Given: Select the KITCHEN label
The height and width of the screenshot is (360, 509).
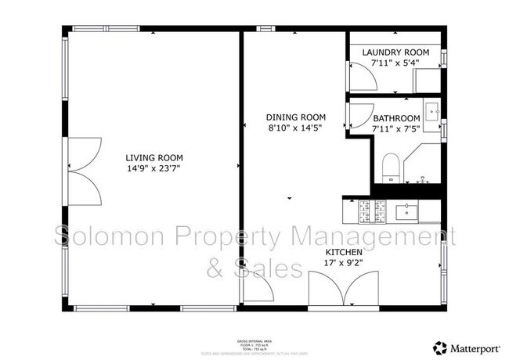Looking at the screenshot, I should pos(344,254).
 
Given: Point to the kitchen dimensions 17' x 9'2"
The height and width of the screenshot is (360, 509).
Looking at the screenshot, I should pos(344,265).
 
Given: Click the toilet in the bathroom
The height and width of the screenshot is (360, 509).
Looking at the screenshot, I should pos(390,167).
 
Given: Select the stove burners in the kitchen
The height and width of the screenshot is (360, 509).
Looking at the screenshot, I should pos(370,209).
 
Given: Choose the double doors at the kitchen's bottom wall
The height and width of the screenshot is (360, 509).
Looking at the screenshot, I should pos(344,290).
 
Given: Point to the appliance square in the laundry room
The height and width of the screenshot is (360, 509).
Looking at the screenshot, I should pos(427,79).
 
